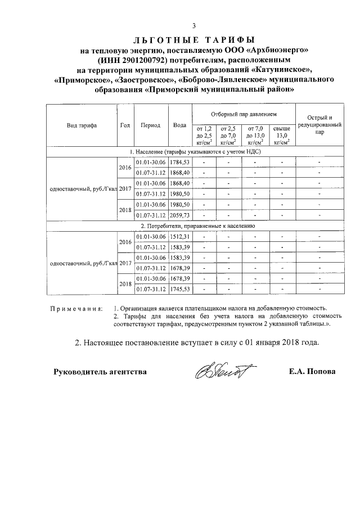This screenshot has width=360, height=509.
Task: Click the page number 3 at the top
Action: (193, 26)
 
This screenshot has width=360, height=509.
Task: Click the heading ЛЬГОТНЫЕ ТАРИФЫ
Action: (193, 40)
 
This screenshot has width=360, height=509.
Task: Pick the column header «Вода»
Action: (180, 125)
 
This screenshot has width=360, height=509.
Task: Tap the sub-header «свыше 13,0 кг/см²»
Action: (281, 135)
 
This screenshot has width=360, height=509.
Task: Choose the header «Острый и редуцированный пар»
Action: (319, 125)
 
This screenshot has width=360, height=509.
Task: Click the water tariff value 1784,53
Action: (180, 162)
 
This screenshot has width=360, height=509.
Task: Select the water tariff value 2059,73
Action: (180, 215)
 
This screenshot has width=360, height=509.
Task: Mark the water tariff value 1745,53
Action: (180, 289)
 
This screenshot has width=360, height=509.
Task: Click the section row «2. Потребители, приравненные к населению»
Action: (193, 225)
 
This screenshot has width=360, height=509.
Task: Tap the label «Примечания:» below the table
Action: (76, 309)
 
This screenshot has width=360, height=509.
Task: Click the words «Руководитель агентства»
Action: (100, 372)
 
